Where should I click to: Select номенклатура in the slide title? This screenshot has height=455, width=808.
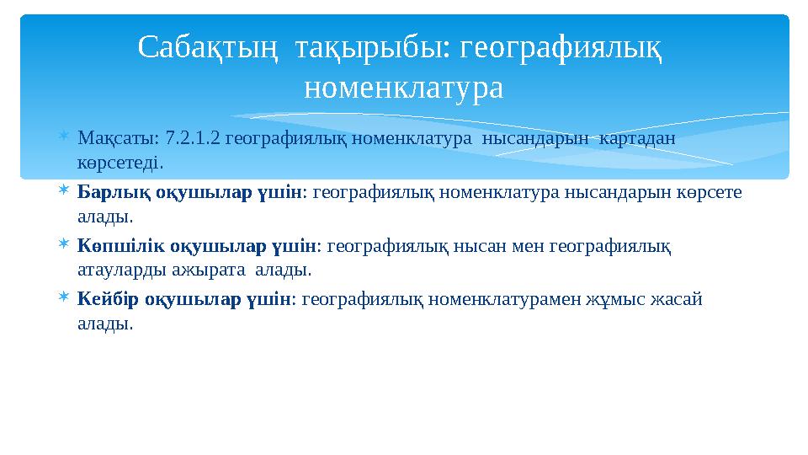[403, 87]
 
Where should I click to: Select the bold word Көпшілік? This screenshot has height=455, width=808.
[114, 247]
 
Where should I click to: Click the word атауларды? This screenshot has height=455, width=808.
[113, 270]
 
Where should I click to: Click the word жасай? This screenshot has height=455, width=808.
[681, 299]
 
